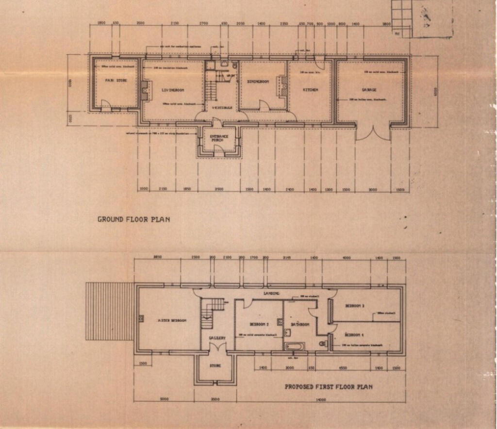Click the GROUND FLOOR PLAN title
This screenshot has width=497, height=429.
coord(133,219)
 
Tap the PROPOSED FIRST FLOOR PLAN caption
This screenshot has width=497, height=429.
coord(329,387)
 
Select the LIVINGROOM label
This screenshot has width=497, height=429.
coord(172,90)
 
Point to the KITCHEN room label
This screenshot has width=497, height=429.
coord(310,90)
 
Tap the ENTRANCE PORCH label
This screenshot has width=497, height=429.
coord(219,138)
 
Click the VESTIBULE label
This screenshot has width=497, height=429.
coord(222,107)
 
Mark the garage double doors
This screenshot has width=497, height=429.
coord(373,132)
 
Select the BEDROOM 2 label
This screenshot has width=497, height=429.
coord(259,324)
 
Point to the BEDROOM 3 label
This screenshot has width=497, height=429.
coord(355,306)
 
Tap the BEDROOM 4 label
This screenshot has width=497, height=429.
coord(355,335)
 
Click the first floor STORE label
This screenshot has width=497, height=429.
coord(215,365)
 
